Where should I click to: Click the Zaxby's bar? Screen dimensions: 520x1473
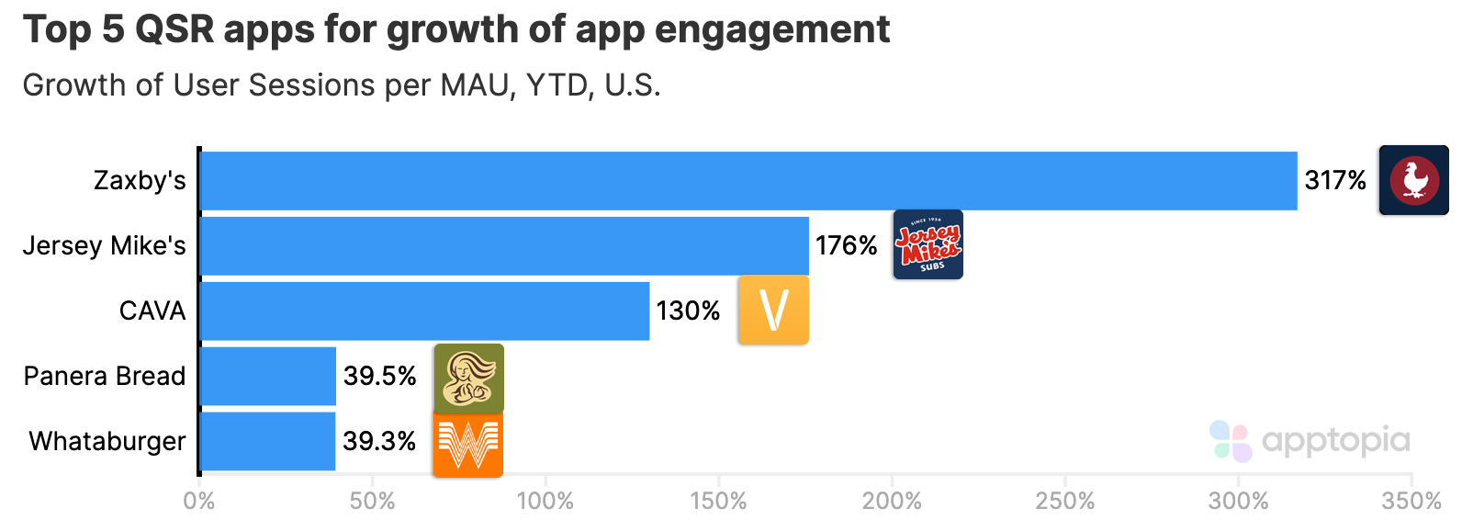click(748, 181)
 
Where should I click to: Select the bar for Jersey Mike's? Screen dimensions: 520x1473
click(503, 246)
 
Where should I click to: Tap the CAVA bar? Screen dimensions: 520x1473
click(424, 311)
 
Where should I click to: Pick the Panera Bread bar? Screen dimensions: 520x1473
click(267, 377)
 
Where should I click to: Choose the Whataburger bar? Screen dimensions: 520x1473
click(267, 442)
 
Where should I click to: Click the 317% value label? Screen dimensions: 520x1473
click(1335, 181)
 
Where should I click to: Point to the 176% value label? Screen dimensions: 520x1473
click(846, 246)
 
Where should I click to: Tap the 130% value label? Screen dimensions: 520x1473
click(688, 311)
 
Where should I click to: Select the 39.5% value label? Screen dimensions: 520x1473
click(379, 377)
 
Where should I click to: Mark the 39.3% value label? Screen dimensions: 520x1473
click(379, 442)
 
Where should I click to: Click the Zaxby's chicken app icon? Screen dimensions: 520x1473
click(1413, 180)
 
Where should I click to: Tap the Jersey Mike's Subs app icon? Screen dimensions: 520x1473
click(928, 244)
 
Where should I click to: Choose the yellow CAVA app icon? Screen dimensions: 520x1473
click(773, 311)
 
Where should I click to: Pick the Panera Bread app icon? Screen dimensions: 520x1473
click(468, 378)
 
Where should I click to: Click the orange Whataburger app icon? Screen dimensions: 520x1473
click(467, 444)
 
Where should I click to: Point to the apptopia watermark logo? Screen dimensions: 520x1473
click(1310, 441)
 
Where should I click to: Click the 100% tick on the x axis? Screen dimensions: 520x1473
click(545, 502)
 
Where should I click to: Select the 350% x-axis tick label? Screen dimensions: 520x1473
click(1411, 502)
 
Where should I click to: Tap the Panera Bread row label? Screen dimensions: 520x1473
click(105, 377)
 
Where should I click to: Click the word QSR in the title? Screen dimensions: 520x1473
click(174, 30)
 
